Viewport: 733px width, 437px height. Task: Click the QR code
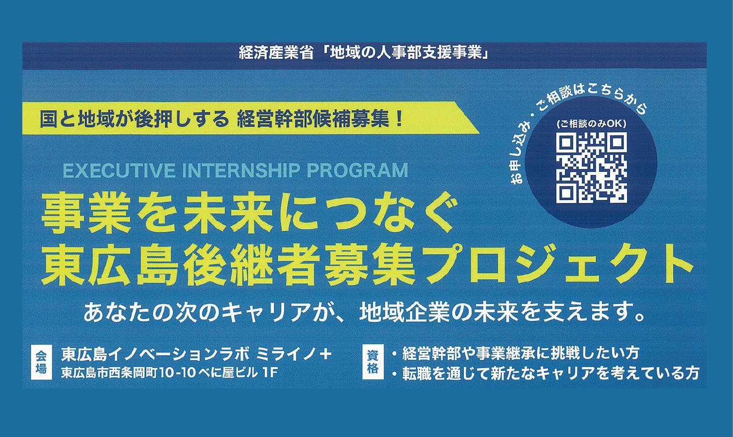click(x=591, y=167)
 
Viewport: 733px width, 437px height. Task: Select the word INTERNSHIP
click(x=246, y=170)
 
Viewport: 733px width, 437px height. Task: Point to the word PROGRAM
click(x=355, y=170)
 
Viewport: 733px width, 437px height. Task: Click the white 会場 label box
click(x=41, y=365)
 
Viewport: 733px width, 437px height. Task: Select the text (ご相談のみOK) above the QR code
click(x=591, y=124)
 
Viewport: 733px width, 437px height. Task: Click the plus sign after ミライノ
click(x=325, y=355)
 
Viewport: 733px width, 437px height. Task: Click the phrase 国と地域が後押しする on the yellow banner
click(x=134, y=119)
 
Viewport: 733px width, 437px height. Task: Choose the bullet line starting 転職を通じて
click(x=545, y=373)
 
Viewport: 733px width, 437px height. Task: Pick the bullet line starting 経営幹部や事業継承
click(x=515, y=353)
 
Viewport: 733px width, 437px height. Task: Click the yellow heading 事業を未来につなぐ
click(x=245, y=217)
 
